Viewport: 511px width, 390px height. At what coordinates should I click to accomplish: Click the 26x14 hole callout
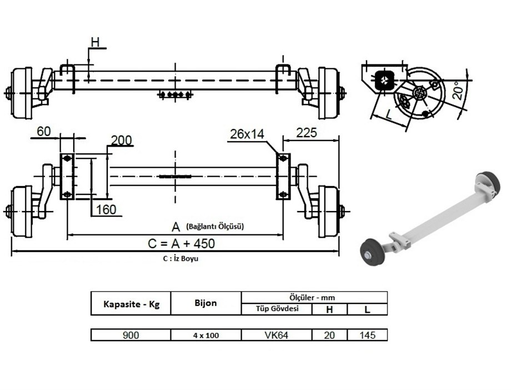[x=246, y=133]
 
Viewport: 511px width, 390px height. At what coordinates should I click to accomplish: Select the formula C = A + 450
[x=181, y=243]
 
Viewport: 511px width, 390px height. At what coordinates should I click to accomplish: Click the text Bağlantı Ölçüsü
[x=216, y=226]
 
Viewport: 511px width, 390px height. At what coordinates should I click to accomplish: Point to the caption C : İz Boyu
[x=181, y=259]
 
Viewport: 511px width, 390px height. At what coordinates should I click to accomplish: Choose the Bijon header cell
[x=206, y=303]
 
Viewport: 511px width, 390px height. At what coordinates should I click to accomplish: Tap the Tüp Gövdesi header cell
[x=277, y=309]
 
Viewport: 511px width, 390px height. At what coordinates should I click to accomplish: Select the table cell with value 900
[x=131, y=335]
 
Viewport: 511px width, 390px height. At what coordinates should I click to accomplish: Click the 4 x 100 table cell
[x=206, y=335]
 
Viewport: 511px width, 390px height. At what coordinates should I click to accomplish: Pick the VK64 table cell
[x=277, y=335]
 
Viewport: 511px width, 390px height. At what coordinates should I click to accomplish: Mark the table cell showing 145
[x=367, y=335]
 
